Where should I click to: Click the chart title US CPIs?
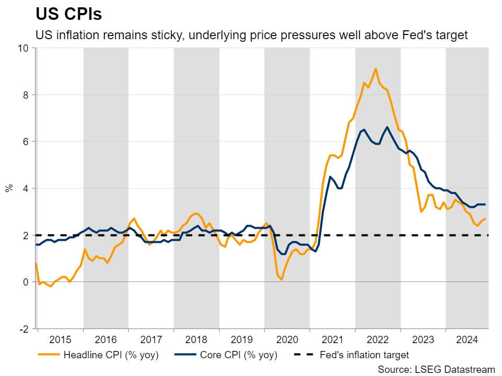[x=68, y=14]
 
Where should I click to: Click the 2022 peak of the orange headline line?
[x=375, y=68]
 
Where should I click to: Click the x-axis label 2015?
[x=61, y=339]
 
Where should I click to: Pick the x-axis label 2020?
[x=287, y=339]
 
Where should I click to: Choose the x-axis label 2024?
[x=467, y=339]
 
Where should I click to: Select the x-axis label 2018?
[x=196, y=339]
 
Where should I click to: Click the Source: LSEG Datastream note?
[x=436, y=369]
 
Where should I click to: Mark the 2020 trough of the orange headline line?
[x=281, y=279]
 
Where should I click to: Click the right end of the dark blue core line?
[x=485, y=204]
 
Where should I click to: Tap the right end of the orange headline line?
[x=485, y=219]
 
